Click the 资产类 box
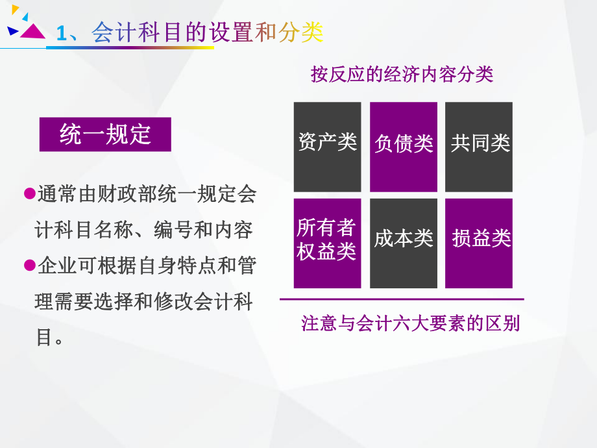[x=327, y=147]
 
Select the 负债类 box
[x=403, y=147]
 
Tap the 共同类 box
[x=479, y=147]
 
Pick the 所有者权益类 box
[x=327, y=243]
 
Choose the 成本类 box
[x=403, y=243]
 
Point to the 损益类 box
[x=479, y=243]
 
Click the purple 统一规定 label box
[x=105, y=134]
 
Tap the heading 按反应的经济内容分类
[x=402, y=75]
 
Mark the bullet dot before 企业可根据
[x=29, y=265]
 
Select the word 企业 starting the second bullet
[x=53, y=266]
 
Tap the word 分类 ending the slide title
[x=301, y=33]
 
